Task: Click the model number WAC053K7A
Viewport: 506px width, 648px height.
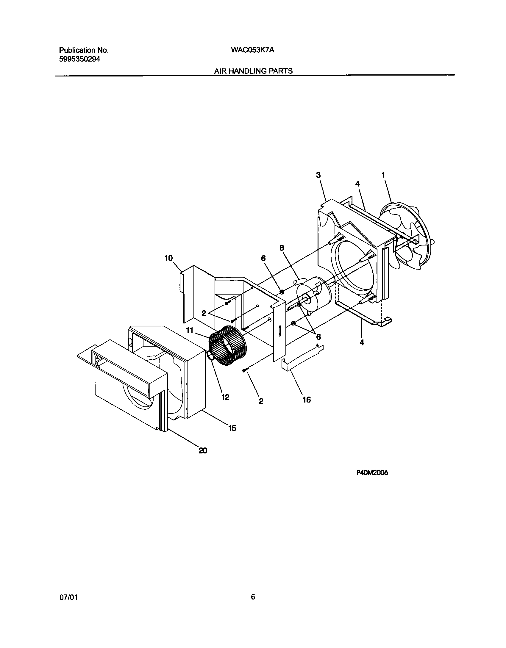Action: point(252,50)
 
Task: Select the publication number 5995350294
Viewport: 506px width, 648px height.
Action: point(79,59)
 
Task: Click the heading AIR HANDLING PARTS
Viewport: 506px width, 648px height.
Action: point(253,71)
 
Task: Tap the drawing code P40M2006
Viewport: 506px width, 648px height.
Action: point(372,481)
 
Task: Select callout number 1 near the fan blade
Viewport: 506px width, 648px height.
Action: point(383,175)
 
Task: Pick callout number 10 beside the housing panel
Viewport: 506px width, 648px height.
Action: point(169,258)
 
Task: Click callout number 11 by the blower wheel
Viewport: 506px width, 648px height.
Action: point(190,330)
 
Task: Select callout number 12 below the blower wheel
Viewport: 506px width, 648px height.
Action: point(225,397)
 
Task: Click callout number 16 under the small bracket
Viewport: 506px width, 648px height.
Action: point(307,400)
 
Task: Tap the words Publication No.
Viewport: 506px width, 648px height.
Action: point(84,50)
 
